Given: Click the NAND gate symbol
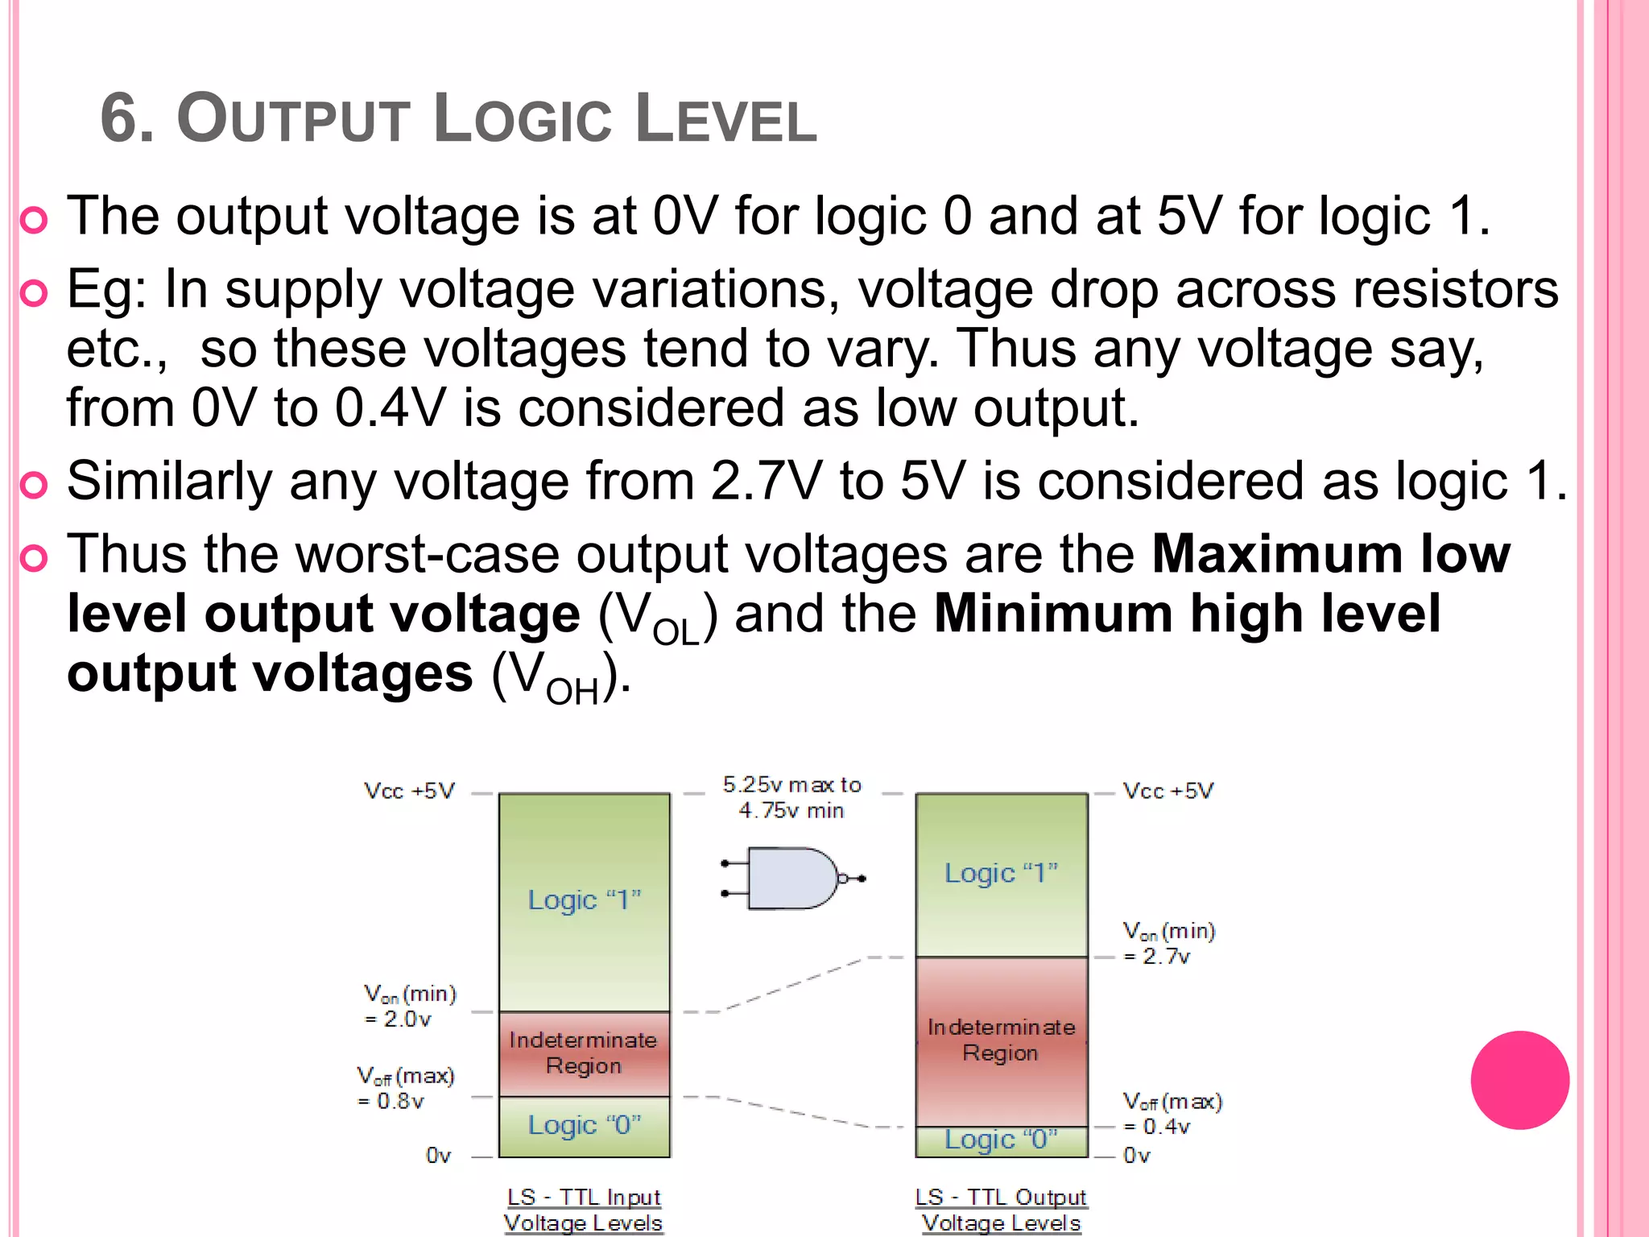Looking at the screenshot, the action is (793, 878).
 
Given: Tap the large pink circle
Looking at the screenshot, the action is (1519, 1080).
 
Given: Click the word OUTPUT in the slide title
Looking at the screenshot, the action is (294, 119).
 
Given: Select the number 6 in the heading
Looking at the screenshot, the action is (118, 119).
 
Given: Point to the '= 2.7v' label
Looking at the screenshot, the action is (1157, 957).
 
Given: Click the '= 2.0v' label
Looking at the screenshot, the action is (398, 1020).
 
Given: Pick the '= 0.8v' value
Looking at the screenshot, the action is (391, 1101).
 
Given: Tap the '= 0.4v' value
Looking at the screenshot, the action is (1157, 1127).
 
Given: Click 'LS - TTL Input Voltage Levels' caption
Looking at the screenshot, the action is (584, 1210).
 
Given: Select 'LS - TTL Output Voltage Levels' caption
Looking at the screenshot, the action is (1001, 1210).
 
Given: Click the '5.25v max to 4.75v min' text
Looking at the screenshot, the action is (791, 797).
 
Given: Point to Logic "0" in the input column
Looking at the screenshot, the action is (585, 1125).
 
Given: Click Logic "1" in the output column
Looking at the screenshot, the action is (1001, 873).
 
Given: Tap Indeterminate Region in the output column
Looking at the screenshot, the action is (1001, 1040).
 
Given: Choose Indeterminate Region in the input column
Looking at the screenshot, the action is (584, 1053).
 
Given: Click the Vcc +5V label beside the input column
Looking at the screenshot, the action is (409, 791).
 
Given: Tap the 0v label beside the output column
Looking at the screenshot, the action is (1137, 1156).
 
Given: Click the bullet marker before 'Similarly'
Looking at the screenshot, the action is (34, 486).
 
